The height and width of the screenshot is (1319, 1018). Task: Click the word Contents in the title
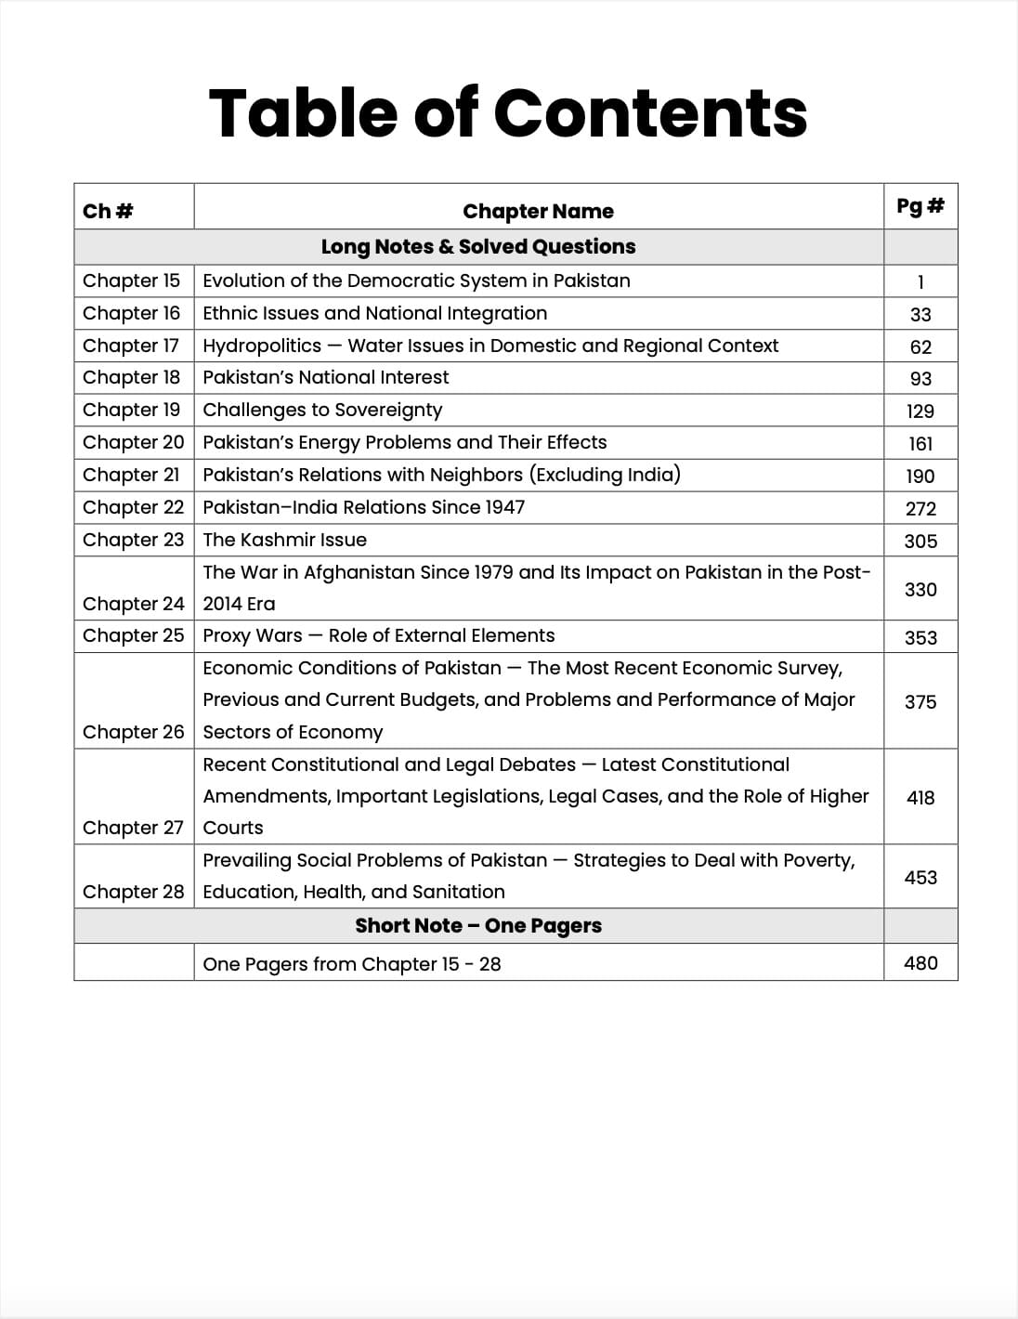click(650, 113)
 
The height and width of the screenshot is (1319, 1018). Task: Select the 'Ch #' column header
click(108, 211)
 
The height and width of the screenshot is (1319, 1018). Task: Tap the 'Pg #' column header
click(920, 205)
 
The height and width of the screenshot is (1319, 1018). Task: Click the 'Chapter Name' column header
click(538, 211)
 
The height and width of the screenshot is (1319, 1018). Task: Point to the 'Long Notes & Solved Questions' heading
click(478, 246)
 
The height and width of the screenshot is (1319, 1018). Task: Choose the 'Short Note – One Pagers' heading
click(478, 925)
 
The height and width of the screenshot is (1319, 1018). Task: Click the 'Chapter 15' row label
click(132, 281)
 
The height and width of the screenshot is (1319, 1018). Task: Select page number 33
click(920, 315)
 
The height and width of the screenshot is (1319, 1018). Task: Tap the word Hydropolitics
click(262, 346)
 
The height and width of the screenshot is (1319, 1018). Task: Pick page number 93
click(920, 379)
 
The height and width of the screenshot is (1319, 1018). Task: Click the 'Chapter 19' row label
click(132, 410)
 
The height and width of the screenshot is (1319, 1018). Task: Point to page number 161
click(920, 444)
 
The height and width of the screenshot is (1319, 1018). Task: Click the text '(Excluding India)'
click(605, 475)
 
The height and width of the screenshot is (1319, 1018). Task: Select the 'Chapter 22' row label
click(134, 507)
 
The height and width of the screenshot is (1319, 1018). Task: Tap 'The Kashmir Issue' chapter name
click(284, 540)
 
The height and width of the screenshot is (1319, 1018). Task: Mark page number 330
click(920, 589)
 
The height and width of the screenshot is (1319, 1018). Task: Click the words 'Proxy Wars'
click(253, 635)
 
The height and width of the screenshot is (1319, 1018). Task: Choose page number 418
click(920, 797)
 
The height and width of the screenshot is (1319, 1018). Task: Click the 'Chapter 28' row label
click(134, 892)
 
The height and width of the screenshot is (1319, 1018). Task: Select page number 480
click(920, 963)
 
